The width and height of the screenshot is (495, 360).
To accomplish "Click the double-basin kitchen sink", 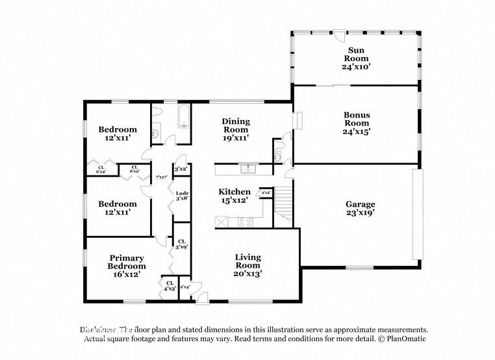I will (x=247, y=169).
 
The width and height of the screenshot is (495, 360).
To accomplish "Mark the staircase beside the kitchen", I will (x=283, y=208).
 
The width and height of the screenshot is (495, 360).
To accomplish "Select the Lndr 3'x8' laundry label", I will (x=182, y=196).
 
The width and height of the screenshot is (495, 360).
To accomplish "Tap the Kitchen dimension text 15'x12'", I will (x=234, y=201).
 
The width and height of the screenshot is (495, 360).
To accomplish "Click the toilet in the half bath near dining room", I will (x=278, y=157).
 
